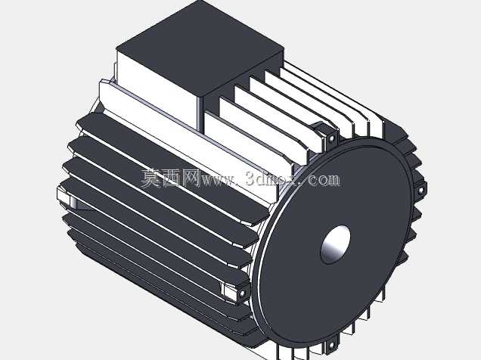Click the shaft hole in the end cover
335,244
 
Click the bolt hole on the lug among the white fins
331,138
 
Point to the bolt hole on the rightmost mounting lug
420,190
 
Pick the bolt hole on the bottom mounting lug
331,346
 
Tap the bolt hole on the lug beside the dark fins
243,293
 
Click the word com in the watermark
324,179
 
